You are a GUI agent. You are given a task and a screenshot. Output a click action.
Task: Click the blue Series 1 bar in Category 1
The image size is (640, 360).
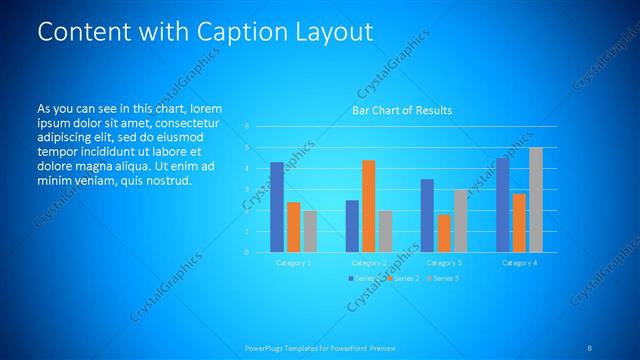pos(277,206)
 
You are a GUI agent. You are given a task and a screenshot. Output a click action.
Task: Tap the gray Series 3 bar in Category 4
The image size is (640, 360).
pos(536,199)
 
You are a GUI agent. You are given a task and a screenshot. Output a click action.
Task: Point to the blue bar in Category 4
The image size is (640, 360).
pos(502,204)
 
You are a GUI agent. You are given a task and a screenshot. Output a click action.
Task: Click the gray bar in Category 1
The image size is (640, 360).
pos(310,231)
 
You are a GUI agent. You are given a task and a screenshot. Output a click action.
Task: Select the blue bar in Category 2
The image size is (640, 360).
pos(352,226)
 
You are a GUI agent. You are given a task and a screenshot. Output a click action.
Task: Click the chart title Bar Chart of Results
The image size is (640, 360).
pos(402,110)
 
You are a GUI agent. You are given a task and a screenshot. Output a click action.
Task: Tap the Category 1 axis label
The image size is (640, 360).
pos(293,262)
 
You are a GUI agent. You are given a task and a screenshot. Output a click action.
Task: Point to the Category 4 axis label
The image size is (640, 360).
pos(519,262)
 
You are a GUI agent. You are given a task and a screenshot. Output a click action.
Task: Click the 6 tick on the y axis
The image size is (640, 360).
pos(246,127)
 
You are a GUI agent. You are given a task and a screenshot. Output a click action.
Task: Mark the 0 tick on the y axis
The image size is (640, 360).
pos(246,252)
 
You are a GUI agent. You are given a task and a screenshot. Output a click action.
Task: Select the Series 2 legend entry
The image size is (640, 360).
pos(403,277)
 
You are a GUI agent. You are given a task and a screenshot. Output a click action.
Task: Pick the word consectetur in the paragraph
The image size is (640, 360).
pos(188,121)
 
